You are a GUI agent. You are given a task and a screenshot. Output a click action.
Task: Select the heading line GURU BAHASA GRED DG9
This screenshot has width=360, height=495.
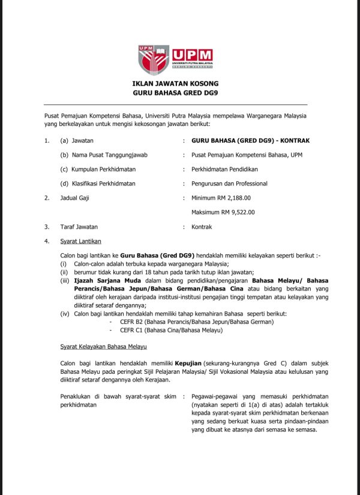point(175,93)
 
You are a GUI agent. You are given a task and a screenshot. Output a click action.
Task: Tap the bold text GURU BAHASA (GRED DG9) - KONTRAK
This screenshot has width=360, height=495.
point(247,140)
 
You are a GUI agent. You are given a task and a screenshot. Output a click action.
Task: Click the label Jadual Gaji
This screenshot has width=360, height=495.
point(76,197)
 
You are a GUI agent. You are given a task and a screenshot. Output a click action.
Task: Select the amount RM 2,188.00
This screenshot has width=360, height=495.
point(240,197)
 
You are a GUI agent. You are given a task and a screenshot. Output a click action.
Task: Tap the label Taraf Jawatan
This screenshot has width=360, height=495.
point(79,227)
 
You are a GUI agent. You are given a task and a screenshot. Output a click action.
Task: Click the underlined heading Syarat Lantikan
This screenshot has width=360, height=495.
point(80,241)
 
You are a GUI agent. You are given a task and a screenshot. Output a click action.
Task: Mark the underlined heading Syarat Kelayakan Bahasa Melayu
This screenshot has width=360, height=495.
point(103,347)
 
